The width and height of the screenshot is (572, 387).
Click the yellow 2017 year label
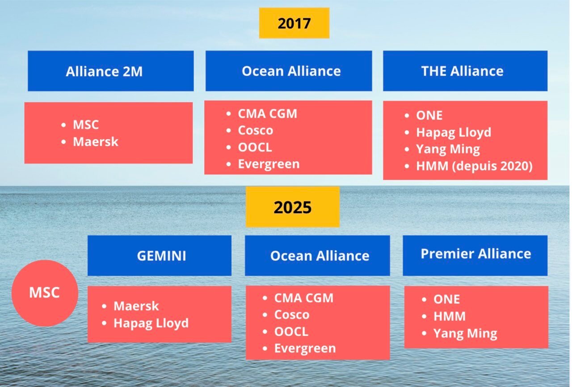[x=294, y=23]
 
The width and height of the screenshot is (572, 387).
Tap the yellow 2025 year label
[x=293, y=207]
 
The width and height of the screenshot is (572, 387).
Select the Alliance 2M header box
[x=110, y=71]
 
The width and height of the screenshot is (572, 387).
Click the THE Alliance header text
[x=462, y=71]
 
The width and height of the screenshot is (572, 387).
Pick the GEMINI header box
[x=160, y=256]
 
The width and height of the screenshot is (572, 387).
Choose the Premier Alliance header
[x=475, y=255]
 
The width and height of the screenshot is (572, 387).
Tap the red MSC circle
[x=44, y=293]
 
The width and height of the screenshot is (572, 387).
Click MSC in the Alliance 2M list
[x=86, y=125]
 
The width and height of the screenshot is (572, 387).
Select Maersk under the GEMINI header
[x=136, y=306]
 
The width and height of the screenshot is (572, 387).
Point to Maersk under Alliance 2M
[x=96, y=142]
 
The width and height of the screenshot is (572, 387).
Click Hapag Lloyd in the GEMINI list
[x=151, y=323]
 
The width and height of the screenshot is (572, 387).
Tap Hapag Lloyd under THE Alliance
[x=453, y=132]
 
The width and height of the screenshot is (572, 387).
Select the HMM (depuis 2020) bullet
[x=474, y=166]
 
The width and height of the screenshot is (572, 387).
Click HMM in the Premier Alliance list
[x=449, y=316]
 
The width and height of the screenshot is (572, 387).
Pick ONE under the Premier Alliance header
[x=446, y=299]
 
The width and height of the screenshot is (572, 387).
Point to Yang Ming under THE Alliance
[x=448, y=149]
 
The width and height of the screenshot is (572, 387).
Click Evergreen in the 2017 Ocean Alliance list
[x=268, y=164]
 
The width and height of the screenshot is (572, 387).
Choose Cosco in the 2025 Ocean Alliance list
[x=291, y=315]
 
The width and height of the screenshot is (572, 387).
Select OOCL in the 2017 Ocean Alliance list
[x=255, y=147]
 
